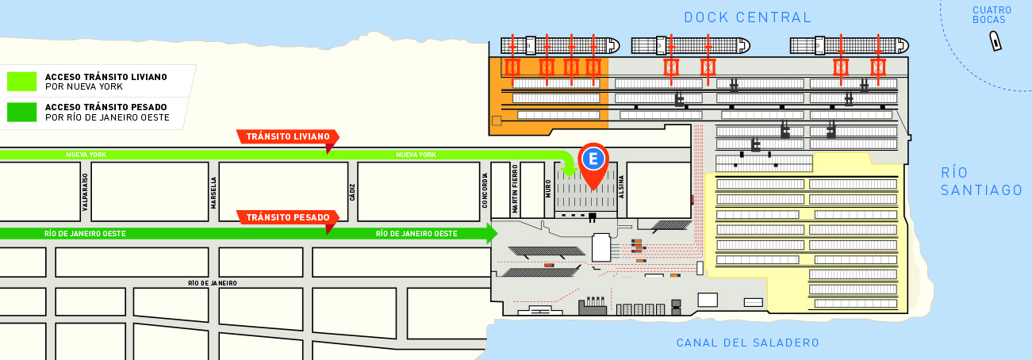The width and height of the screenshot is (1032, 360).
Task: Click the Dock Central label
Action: click(x=747, y=17)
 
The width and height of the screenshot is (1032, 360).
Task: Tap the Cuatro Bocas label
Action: click(x=992, y=15)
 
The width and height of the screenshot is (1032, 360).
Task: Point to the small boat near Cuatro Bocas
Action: click(x=996, y=41)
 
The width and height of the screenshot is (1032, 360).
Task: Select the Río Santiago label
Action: click(x=981, y=182)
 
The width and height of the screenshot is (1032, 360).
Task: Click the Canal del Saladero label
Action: click(x=748, y=343)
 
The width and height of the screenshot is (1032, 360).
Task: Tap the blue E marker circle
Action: click(x=593, y=159)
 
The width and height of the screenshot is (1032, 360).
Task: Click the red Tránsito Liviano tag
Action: click(x=288, y=136)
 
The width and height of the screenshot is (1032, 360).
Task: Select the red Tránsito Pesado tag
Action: click(x=288, y=217)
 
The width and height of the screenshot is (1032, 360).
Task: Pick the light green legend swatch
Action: click(x=21, y=82)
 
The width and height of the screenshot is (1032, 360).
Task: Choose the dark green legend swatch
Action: click(x=21, y=113)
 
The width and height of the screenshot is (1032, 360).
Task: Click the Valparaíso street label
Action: click(x=85, y=192)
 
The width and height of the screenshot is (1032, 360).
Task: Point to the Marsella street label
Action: click(x=213, y=193)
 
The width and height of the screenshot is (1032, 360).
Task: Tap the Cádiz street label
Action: click(x=352, y=193)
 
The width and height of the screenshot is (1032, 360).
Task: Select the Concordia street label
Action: click(x=485, y=190)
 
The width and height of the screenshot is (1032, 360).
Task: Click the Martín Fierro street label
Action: click(x=515, y=189)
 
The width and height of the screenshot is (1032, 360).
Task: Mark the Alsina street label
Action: click(x=621, y=187)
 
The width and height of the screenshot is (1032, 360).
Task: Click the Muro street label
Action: click(x=548, y=189)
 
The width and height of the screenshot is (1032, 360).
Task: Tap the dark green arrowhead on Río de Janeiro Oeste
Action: click(x=492, y=233)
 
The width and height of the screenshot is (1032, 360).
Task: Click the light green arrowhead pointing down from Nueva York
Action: click(x=570, y=172)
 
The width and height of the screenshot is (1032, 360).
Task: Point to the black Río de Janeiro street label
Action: click(x=213, y=283)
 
